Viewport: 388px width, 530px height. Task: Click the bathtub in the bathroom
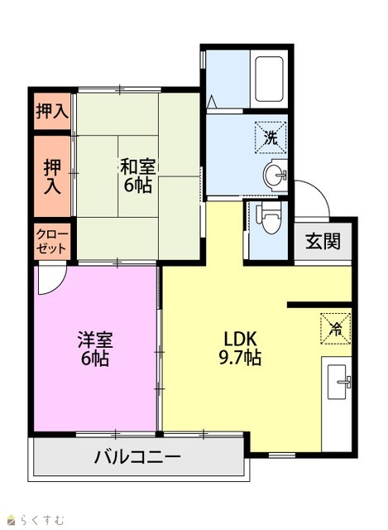coord(269,79)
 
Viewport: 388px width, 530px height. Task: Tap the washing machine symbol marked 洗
coord(271,137)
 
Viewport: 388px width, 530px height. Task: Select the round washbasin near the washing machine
coord(275,175)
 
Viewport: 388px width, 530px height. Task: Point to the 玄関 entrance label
coord(323,241)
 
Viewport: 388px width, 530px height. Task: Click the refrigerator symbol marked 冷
coord(335,329)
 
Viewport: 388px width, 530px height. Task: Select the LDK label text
coord(240,339)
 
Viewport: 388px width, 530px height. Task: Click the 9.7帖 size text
coord(240,357)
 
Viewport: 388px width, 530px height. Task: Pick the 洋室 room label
coord(95,340)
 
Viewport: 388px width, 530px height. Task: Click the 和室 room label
coord(138,166)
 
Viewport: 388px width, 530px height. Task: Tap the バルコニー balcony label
coord(137,457)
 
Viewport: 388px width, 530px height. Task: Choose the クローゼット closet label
coord(52,241)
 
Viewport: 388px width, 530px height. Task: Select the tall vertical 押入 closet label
coord(52,176)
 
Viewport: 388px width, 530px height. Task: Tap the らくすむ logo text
coord(41,519)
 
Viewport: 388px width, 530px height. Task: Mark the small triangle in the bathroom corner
coord(212,100)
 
